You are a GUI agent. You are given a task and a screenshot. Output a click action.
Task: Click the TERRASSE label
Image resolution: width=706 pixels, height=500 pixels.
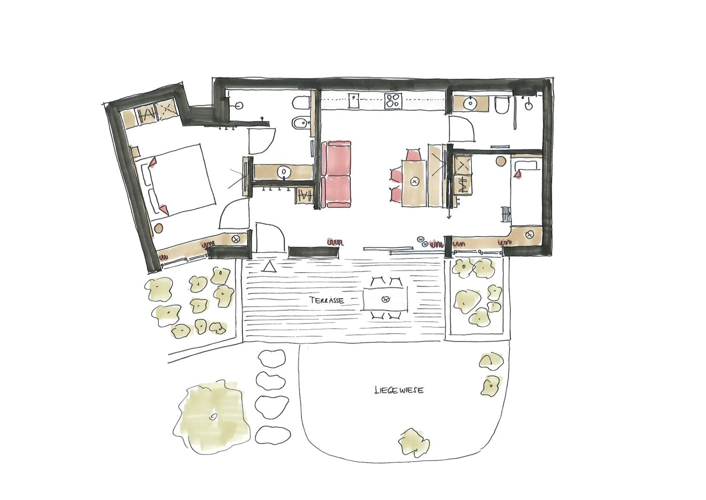coord(327,300)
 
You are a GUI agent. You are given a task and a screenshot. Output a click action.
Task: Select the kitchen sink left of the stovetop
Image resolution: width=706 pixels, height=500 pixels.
coord(354,100)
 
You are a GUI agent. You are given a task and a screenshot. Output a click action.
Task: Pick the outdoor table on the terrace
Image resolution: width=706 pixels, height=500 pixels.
coord(385,299)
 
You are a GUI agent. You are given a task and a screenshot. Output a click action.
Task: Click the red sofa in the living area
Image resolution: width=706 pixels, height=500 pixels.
coord(336,174)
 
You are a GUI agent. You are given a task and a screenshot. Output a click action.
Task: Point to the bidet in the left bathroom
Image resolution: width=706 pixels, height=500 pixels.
coord(299,123)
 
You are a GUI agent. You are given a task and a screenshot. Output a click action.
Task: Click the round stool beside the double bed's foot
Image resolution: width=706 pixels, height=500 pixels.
coord(158,228)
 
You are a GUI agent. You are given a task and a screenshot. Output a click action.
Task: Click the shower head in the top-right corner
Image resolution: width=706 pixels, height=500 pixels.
coord(528,106)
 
